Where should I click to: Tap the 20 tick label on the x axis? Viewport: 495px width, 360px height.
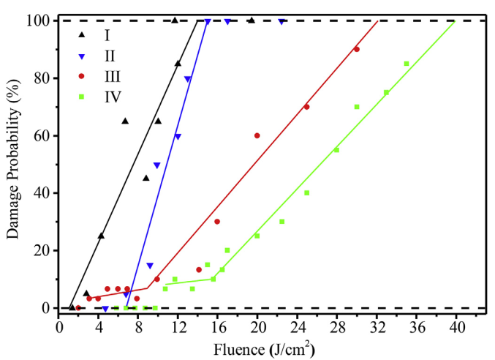(257, 322)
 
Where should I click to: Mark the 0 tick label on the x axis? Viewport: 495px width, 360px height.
(59, 322)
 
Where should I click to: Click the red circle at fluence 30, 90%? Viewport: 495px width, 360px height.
(357, 49)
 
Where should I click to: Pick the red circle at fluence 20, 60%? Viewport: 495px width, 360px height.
(257, 135)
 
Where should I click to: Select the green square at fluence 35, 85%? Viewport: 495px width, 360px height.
(407, 64)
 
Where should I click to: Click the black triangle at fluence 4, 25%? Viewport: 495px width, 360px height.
(101, 236)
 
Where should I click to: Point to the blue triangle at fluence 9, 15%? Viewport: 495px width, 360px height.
(150, 266)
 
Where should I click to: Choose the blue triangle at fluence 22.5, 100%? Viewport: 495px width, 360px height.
(281, 21)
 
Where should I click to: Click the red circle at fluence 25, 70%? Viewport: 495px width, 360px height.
(307, 107)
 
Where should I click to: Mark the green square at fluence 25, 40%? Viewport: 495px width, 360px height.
(307, 193)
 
